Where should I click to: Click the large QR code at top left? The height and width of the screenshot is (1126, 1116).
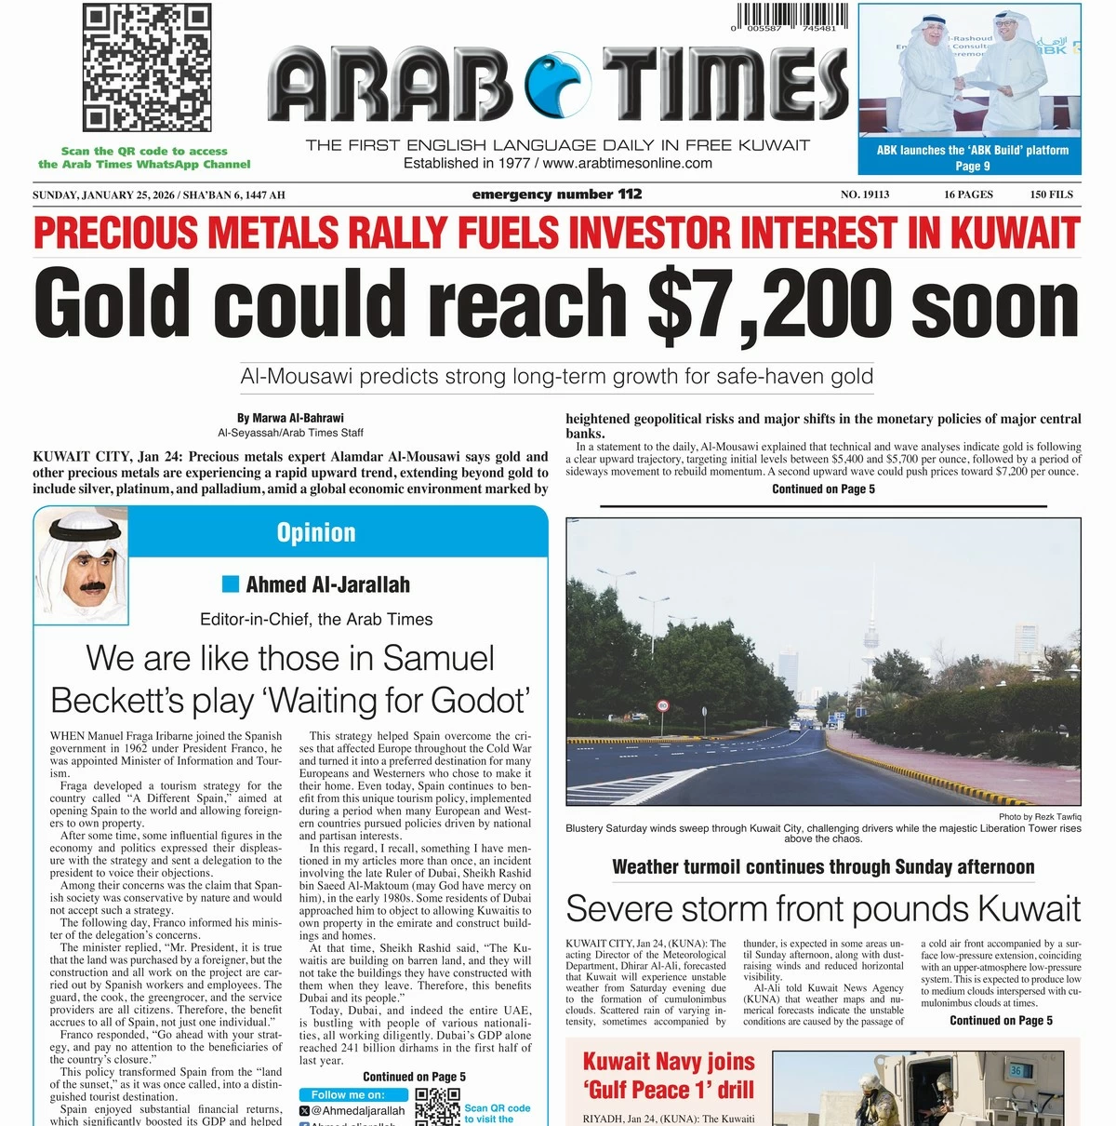coord(147,68)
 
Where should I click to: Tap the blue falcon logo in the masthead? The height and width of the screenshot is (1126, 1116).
coord(558,85)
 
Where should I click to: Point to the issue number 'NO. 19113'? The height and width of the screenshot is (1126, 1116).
coord(865,194)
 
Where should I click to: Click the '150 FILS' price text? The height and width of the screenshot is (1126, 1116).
coord(1051,194)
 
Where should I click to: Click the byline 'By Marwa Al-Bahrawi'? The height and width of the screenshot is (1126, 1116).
coord(290,418)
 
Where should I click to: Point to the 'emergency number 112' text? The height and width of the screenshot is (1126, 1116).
coord(556,194)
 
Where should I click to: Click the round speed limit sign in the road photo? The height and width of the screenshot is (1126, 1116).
coord(663,705)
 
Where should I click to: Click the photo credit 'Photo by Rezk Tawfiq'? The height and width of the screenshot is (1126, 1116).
coord(1040,816)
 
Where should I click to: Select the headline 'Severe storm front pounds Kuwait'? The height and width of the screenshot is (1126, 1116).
coord(823,908)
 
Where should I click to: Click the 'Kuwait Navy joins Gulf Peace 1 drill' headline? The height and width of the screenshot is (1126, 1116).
coord(668,1075)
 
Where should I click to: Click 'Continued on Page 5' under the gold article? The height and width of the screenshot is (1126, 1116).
coord(823,489)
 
